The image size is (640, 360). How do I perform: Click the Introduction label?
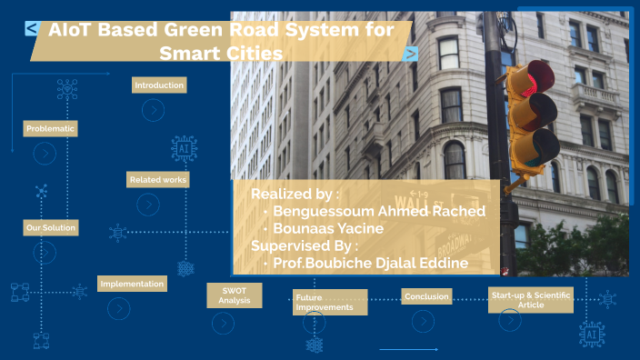(159, 85)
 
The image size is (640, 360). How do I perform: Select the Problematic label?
(50, 129)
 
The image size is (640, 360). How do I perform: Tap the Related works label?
(157, 180)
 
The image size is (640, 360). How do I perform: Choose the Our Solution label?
(50, 227)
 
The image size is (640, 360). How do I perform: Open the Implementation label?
(132, 284)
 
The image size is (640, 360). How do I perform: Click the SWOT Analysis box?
(235, 295)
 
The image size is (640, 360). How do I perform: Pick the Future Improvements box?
(329, 302)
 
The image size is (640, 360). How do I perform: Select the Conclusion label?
(426, 296)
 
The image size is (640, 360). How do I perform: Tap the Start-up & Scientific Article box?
(532, 301)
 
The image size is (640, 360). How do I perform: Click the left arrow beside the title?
(32, 29)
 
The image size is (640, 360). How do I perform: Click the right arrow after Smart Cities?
(411, 54)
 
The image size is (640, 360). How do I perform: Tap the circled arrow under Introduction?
(154, 110)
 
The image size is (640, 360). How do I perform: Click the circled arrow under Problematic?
(45, 155)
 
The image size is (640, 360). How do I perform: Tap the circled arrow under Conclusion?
(423, 321)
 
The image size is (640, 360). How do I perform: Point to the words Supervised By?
(305, 245)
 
